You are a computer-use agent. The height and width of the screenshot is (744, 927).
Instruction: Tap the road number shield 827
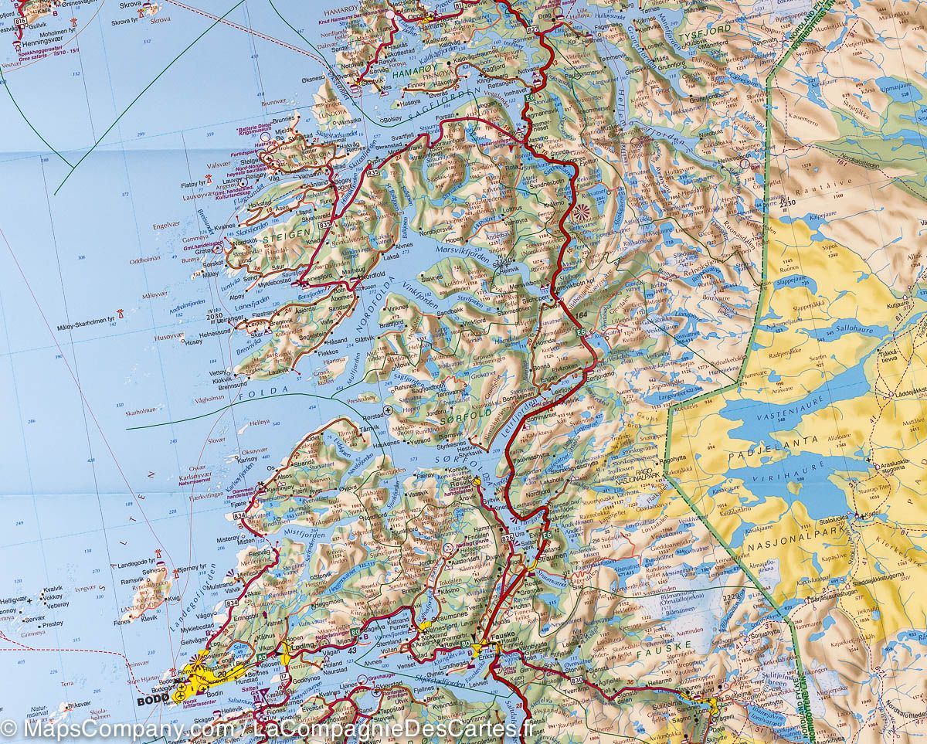tap(533, 29)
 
